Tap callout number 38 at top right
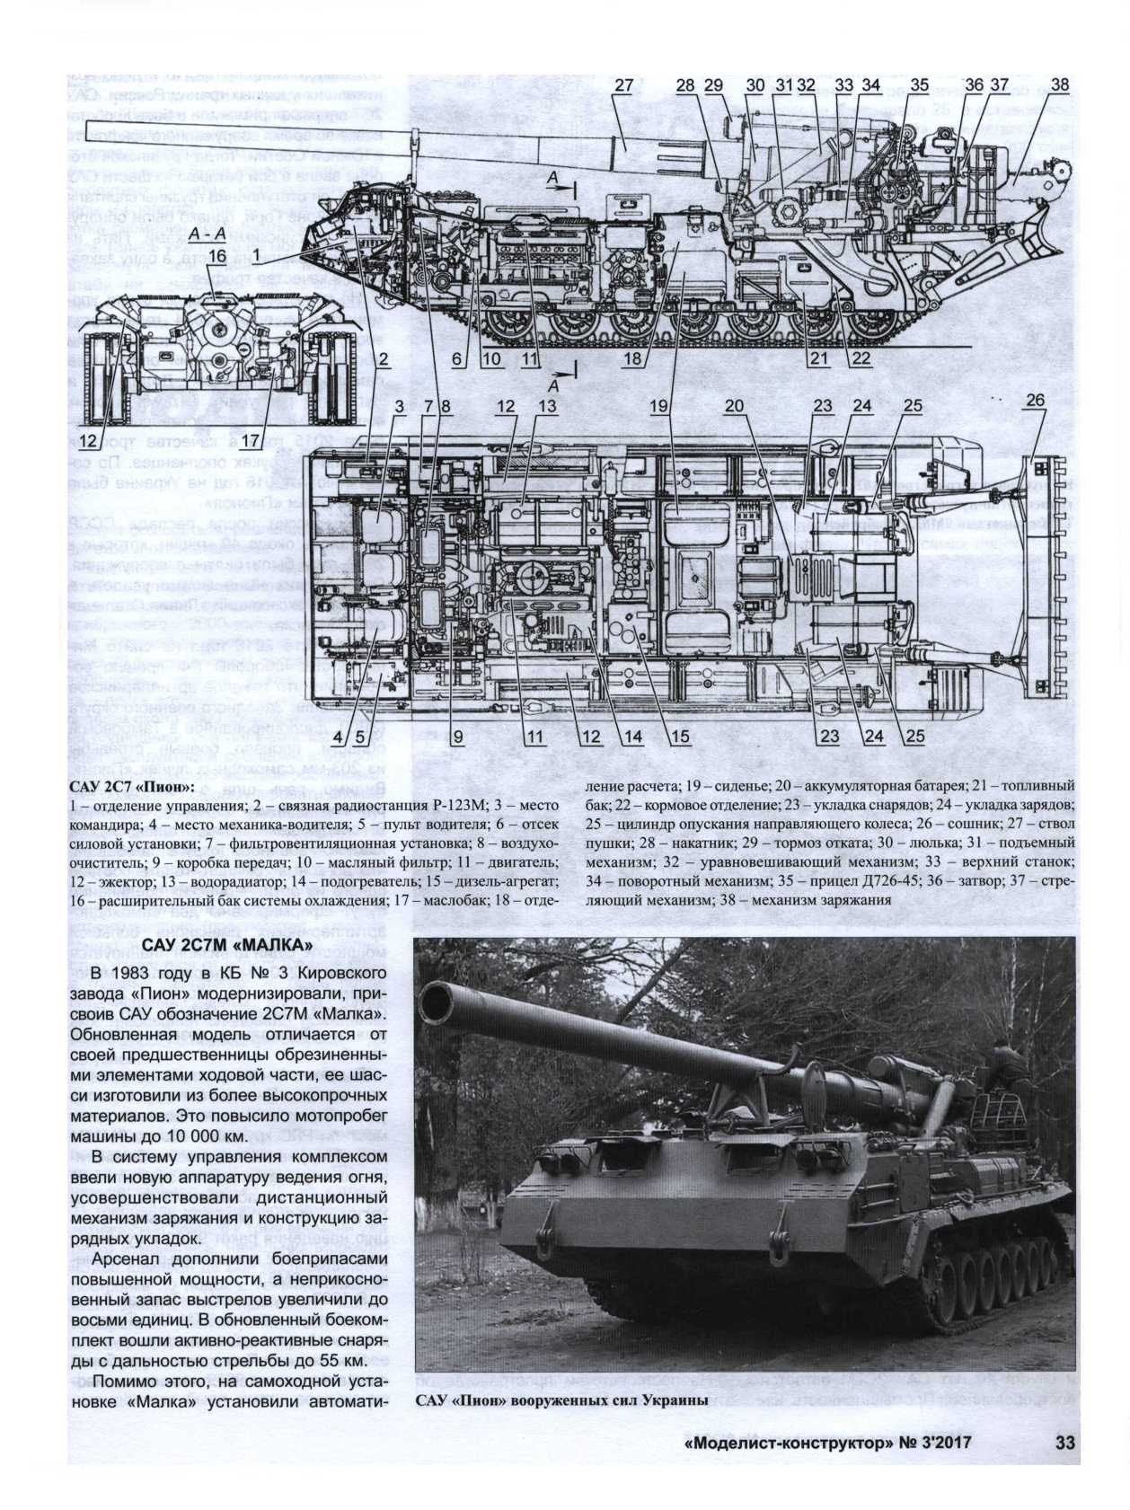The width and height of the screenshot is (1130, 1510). (x=1059, y=85)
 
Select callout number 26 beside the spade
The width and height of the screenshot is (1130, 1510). (x=1034, y=400)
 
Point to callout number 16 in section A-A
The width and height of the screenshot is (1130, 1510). (x=215, y=257)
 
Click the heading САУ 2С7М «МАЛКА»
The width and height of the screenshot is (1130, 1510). (x=226, y=948)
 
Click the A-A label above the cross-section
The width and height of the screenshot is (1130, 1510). (x=207, y=234)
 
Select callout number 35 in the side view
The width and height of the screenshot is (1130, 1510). (x=918, y=86)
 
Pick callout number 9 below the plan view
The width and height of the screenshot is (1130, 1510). (x=456, y=737)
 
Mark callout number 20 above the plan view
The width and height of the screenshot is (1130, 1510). (x=735, y=406)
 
